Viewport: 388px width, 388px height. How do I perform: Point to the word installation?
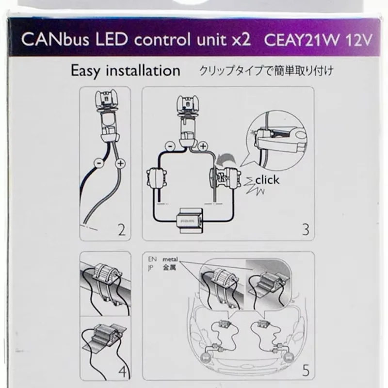pos(145,71)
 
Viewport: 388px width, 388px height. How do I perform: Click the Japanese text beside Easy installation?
pos(266,71)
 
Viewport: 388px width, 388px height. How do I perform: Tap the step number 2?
pos(121,229)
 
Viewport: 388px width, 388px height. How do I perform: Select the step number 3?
pos(305,229)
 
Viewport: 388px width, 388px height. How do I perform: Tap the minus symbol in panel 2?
pos(99,164)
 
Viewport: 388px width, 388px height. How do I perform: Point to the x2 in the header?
pos(241,39)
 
